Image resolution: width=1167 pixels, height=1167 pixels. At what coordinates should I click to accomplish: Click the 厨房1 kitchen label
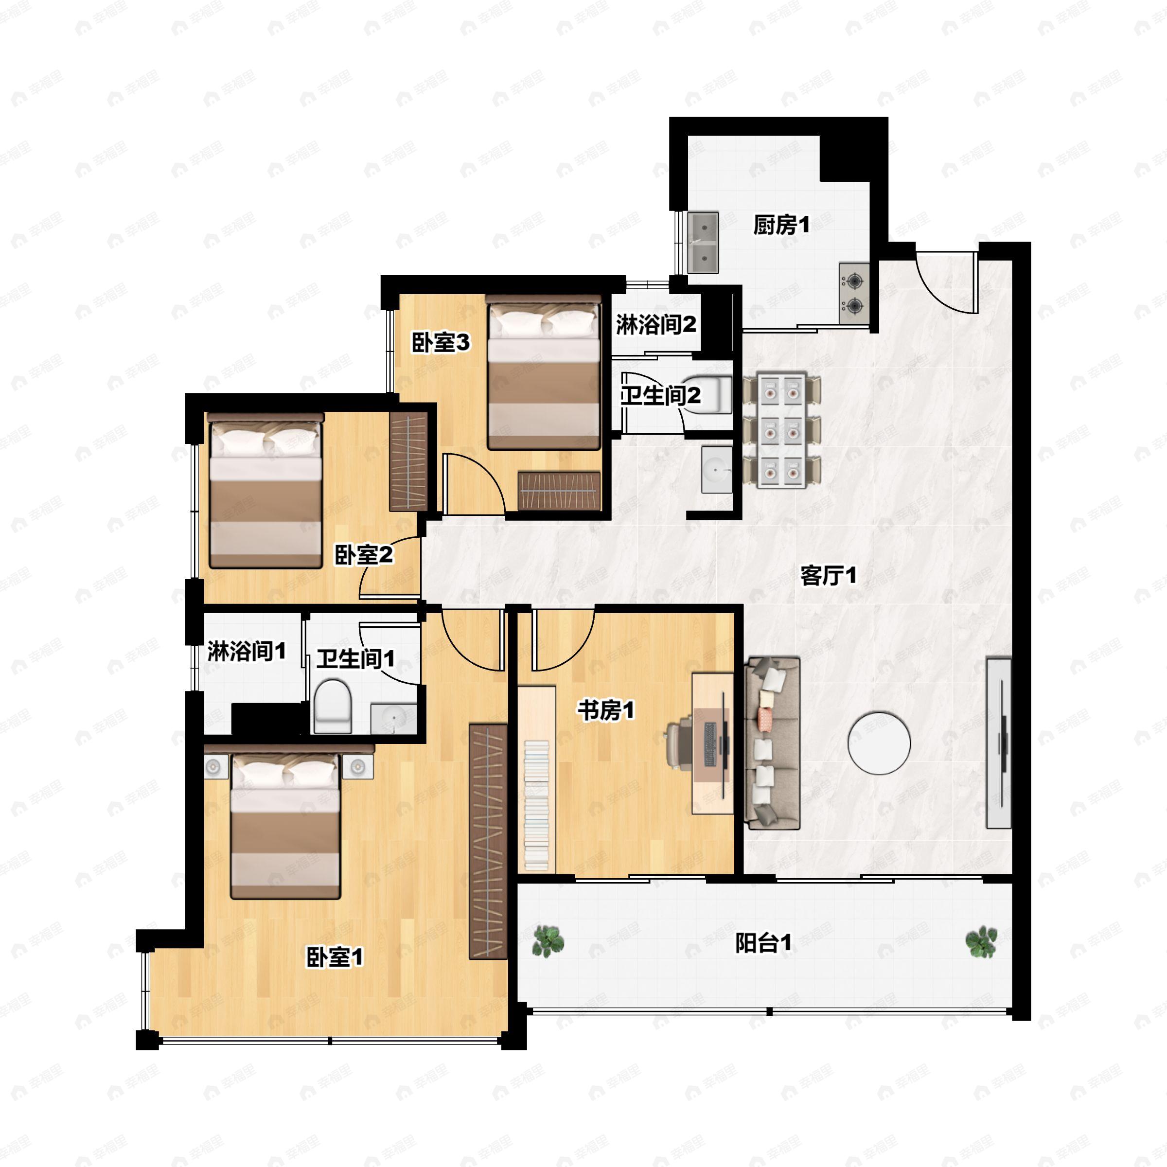pos(780,225)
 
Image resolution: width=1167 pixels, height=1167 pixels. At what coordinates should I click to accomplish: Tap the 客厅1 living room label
pos(828,576)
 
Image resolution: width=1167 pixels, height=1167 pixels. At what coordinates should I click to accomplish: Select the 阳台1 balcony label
pos(763,943)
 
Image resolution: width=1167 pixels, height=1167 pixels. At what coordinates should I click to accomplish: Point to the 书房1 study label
pos(606,710)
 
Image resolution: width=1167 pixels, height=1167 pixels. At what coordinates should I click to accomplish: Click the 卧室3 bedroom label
pos(441,342)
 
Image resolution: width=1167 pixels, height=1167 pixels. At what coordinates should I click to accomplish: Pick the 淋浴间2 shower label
pos(656,325)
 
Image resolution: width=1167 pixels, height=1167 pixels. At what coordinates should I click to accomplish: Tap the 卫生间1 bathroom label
pos(356,658)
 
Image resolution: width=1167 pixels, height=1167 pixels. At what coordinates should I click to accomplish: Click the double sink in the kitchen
pos(704,242)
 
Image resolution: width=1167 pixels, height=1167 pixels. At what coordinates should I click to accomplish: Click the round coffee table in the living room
pos(879,743)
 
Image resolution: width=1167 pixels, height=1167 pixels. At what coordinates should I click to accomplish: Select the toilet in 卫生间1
pos(333,706)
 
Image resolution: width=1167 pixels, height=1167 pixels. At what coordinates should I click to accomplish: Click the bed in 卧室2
pos(265,491)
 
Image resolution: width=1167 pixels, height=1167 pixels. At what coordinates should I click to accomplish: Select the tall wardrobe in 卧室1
pos(488,841)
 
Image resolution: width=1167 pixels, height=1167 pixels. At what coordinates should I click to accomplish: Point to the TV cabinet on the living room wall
pos(998,743)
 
